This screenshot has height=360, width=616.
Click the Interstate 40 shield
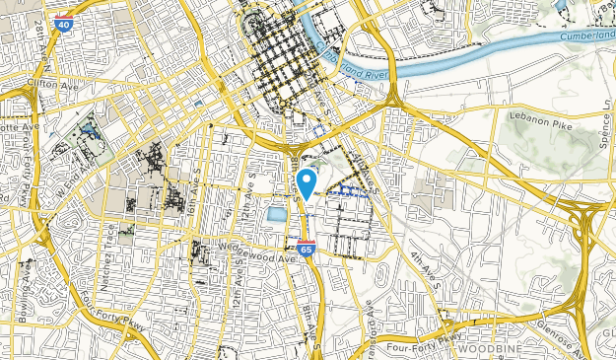click(x=63, y=22)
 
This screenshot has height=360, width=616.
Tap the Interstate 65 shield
click(x=307, y=250)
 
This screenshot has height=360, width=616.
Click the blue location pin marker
click(x=307, y=182)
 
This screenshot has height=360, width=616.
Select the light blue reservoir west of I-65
click(x=276, y=213)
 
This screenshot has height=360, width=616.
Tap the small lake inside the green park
click(x=90, y=129)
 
